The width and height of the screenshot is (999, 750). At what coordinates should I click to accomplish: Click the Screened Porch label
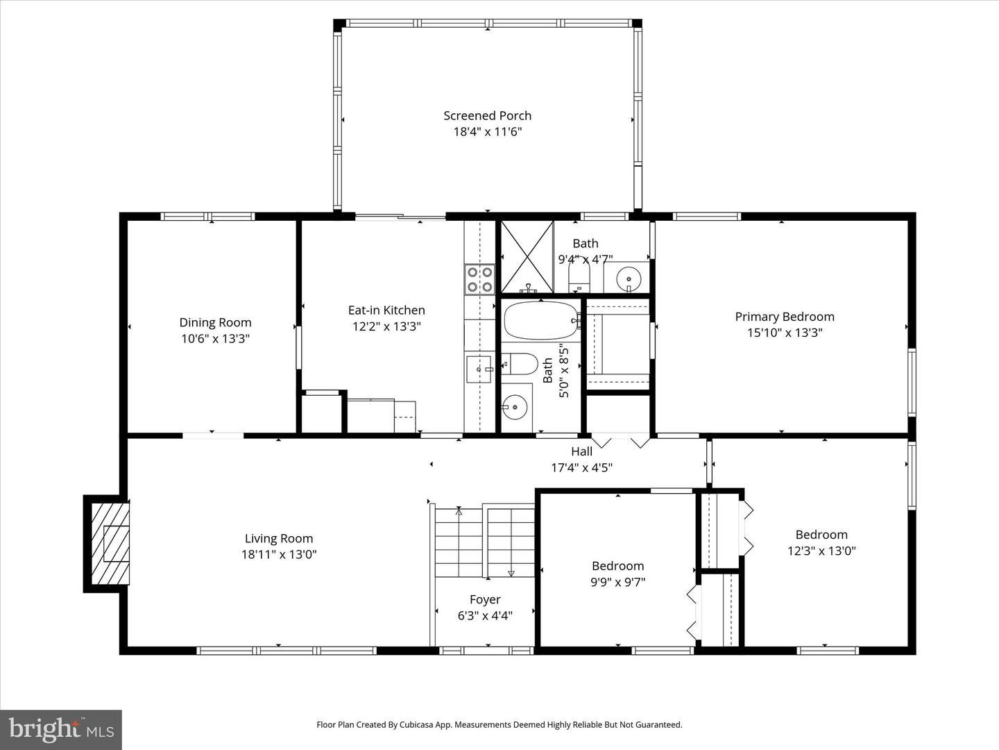pyautogui.click(x=487, y=116)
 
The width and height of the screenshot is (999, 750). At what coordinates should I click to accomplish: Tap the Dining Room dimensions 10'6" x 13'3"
pyautogui.click(x=215, y=339)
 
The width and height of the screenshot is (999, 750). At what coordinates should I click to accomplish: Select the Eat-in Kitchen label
pyautogui.click(x=386, y=310)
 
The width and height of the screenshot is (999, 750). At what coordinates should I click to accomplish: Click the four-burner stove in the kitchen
pyautogui.click(x=480, y=279)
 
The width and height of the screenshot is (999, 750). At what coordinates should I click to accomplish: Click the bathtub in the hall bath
pyautogui.click(x=540, y=319)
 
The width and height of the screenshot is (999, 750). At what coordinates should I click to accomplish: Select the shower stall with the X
pyautogui.click(x=527, y=256)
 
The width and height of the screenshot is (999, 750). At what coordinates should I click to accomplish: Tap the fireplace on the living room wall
pyautogui.click(x=110, y=544)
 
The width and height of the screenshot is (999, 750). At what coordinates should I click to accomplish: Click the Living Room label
pyautogui.click(x=279, y=538)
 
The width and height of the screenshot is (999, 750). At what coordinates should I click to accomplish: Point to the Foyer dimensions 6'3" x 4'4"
pyautogui.click(x=485, y=615)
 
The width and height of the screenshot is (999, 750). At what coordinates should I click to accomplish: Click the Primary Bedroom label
pyautogui.click(x=785, y=317)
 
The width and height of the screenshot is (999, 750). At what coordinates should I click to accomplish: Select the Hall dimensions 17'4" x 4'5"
pyautogui.click(x=581, y=468)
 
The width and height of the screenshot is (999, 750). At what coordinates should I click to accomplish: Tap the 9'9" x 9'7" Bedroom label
pyautogui.click(x=617, y=566)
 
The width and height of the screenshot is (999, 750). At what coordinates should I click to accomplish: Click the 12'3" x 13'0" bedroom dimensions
pyautogui.click(x=821, y=551)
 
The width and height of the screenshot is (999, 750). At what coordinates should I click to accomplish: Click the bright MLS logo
pyautogui.click(x=61, y=729)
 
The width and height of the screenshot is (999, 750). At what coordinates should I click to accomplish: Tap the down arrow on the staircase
pyautogui.click(x=511, y=572)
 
